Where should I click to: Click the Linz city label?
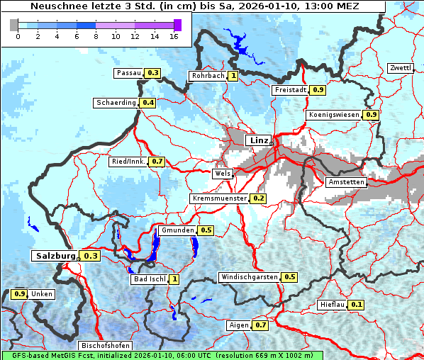258,140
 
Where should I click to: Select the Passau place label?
128,72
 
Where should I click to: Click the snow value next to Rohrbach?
233,76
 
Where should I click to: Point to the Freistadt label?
290,90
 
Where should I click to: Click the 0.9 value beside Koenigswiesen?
372,115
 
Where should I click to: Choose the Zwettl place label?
400,68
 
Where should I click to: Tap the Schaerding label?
116,103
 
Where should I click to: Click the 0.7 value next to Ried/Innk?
157,162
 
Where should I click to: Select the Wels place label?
223,173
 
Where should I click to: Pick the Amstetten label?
346,182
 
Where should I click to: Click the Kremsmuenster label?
220,198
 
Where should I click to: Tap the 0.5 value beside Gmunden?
206,230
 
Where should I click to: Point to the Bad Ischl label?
150,279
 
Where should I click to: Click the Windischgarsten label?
250,276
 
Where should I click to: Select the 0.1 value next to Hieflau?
357,305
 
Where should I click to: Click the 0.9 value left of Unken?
20,293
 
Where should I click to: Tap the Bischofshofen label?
105,346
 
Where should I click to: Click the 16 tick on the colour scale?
174,35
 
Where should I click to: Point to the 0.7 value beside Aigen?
260,325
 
